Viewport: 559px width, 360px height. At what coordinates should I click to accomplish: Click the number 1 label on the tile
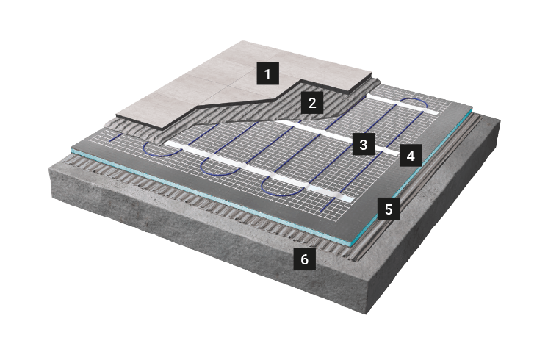[x=267, y=74]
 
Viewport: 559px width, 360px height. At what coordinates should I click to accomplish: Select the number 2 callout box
[x=312, y=103]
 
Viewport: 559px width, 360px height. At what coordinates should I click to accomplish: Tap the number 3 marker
[x=364, y=144]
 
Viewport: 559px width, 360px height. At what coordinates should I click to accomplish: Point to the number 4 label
[x=411, y=156]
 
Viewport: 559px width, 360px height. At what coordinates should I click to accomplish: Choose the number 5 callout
[x=389, y=209]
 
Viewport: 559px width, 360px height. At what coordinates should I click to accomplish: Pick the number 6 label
[x=304, y=259]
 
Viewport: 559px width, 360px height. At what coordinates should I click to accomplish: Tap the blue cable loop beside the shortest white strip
[x=414, y=104]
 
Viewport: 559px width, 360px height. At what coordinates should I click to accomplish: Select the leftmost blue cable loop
[x=157, y=149]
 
